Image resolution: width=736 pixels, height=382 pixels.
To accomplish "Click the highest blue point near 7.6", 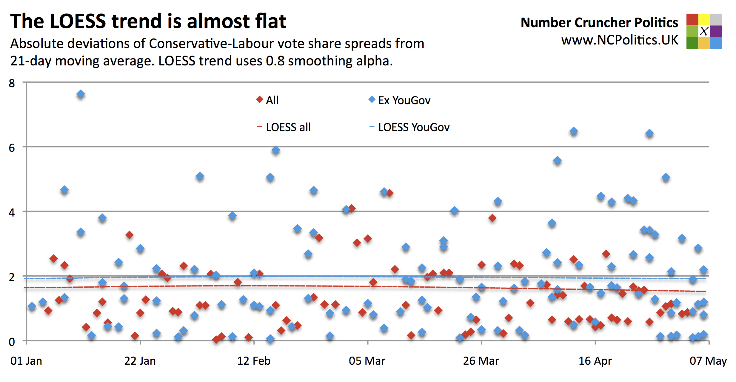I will point(81,94).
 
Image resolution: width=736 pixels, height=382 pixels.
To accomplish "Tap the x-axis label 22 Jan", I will point(140,361).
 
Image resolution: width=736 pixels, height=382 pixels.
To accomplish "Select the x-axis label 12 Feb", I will point(254,361).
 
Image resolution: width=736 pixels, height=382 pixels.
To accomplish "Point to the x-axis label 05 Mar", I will point(367,361).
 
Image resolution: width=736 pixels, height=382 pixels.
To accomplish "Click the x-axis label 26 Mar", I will point(481,361).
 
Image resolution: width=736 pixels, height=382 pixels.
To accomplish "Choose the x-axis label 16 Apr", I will point(595,361).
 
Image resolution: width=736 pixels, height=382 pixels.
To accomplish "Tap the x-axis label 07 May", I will point(708,361).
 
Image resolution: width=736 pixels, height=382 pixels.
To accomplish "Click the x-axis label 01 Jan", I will point(26,361).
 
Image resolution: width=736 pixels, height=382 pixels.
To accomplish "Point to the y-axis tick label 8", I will point(12,83).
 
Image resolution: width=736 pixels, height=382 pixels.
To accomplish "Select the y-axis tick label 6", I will point(12,148).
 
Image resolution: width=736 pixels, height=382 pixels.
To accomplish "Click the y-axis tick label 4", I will point(12,212).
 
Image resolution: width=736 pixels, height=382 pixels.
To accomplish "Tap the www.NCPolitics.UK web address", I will point(620,40).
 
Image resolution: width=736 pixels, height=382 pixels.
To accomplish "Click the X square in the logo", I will point(704,31).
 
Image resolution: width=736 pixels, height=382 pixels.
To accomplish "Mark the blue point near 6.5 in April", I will point(573,131).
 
